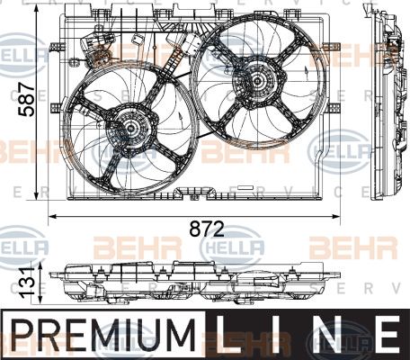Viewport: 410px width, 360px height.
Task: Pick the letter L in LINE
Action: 232,332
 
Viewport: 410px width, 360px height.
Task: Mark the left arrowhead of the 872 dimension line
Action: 51,216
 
